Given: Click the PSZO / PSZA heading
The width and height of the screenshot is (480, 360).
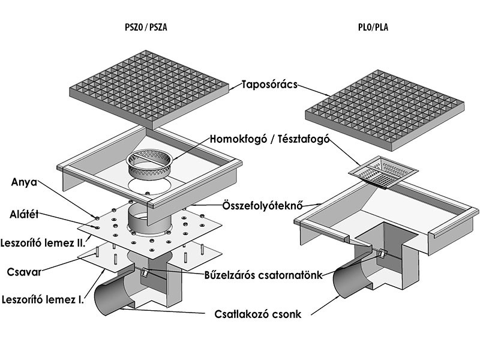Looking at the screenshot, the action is coord(146,27).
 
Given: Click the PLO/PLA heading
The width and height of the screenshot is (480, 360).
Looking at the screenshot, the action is coord(373,27).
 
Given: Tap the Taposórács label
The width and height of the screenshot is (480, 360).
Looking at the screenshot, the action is coord(269,85).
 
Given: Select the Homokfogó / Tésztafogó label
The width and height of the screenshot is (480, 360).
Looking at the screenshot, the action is coord(269,139).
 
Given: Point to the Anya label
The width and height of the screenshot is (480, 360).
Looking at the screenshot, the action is coord(24,182).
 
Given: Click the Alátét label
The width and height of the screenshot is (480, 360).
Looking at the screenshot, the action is coord(24,214).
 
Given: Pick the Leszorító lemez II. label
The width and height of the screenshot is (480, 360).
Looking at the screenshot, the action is coord(43,243).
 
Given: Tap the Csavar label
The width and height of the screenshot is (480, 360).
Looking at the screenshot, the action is coord(24,272).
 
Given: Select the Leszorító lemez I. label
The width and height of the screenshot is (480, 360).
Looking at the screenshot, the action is coord(43,299).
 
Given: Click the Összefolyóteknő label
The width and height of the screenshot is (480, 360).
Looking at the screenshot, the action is coord(263,205).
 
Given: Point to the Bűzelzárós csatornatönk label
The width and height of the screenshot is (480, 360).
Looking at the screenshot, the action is coord(263,275).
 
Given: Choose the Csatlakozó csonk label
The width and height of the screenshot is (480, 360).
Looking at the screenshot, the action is coord(258,314).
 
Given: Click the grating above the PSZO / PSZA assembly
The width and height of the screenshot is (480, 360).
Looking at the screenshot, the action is coord(149,89).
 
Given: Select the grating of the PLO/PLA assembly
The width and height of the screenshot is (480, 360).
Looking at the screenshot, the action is coord(385,110).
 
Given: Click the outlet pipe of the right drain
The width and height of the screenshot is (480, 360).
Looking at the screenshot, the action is coord(352,280).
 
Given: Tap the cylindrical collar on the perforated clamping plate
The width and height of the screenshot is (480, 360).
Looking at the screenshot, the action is coord(149,219).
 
